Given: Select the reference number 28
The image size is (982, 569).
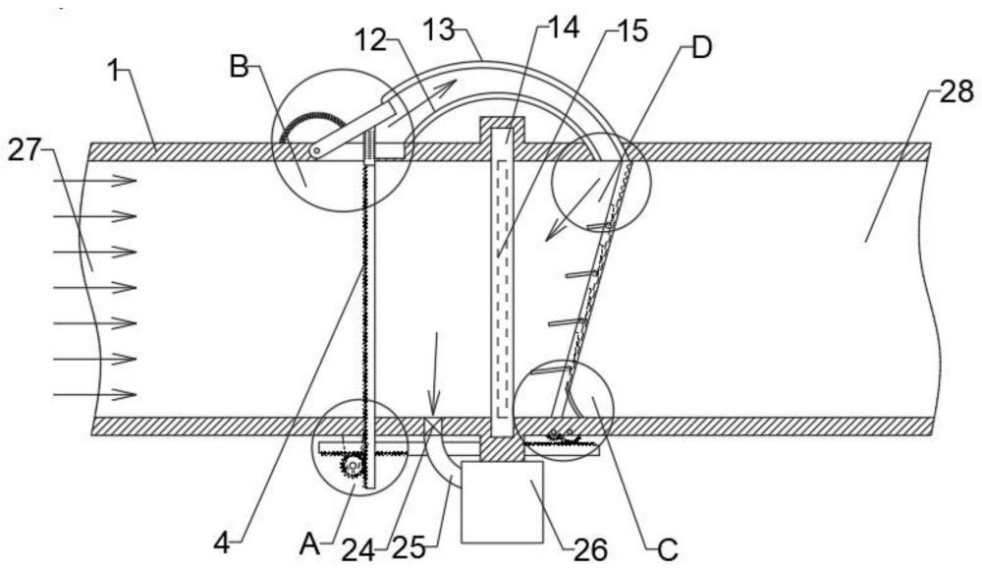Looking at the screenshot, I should point(956,92).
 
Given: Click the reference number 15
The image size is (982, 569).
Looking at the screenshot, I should point(630,32).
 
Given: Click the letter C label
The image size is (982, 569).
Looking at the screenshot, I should point(668,546).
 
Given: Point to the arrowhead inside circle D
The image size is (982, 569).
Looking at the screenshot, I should point(555,232).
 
